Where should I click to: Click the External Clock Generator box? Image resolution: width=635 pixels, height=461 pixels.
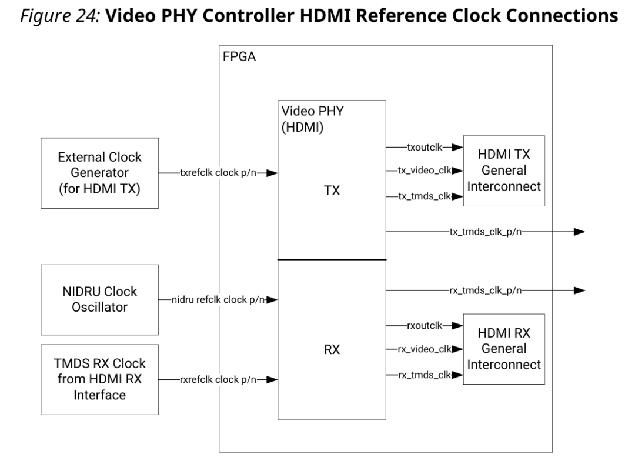100,173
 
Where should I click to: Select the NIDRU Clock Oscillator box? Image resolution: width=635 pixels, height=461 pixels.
100,300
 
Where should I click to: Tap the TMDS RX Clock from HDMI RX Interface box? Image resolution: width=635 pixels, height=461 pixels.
100,379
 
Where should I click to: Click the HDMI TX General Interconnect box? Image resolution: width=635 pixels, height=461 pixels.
503,170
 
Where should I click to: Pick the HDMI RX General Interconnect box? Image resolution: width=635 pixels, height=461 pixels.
503,349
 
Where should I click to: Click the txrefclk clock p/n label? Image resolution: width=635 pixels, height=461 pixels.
218,173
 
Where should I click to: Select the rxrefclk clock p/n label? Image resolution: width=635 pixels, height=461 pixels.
218,379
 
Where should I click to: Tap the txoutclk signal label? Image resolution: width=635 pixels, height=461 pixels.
425,148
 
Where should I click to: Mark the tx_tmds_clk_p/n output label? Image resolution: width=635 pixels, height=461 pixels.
485,232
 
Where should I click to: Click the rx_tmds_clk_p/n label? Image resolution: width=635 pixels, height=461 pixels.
485,290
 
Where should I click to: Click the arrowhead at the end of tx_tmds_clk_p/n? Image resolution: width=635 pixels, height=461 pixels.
579,232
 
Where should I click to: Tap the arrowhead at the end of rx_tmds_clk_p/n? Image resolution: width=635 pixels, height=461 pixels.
579,290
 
